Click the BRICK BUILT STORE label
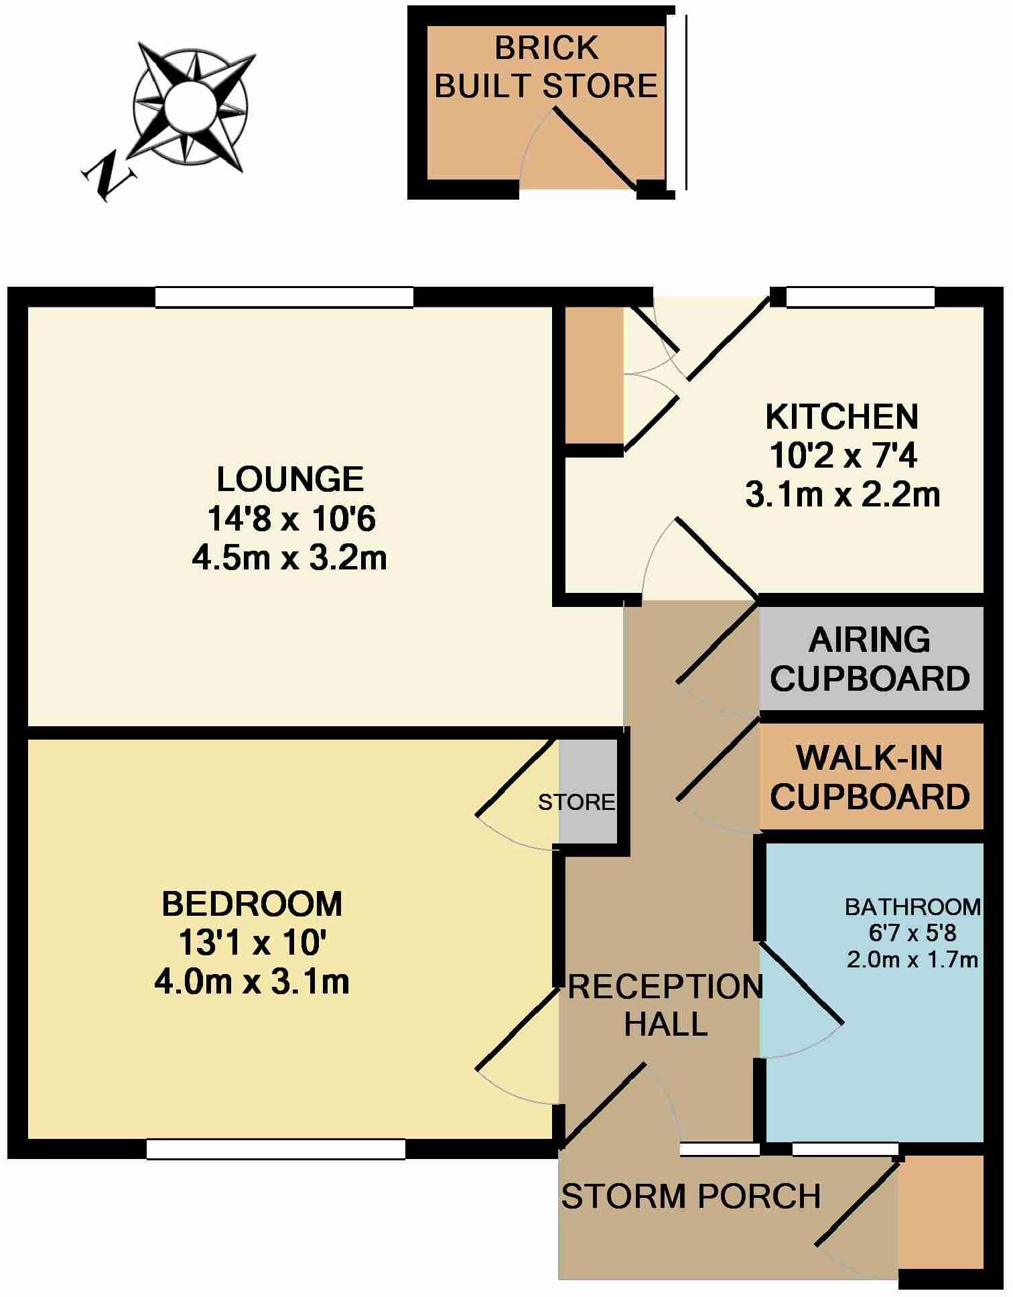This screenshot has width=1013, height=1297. point(546,67)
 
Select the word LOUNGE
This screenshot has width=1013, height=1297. point(289,480)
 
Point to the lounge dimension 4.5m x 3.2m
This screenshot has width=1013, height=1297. point(289,558)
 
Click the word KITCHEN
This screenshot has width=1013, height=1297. point(841,417)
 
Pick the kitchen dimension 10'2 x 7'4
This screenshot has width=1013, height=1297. point(842,456)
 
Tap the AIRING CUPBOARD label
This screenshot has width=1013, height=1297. point(870,659)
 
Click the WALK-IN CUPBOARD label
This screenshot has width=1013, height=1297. point(870,777)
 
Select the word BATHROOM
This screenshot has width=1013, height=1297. point(913,907)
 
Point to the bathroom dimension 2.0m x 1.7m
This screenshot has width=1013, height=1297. point(913,960)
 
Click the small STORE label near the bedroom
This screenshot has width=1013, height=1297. point(576,802)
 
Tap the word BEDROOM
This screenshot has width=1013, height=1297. point(252,904)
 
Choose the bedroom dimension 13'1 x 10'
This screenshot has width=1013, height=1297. point(252,943)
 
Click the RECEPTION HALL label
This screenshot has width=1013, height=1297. point(665,1005)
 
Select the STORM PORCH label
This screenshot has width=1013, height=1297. point(691,1197)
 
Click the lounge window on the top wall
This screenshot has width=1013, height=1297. point(284,297)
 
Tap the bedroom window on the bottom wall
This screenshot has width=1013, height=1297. point(275,1149)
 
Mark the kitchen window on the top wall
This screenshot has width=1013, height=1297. point(860,297)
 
